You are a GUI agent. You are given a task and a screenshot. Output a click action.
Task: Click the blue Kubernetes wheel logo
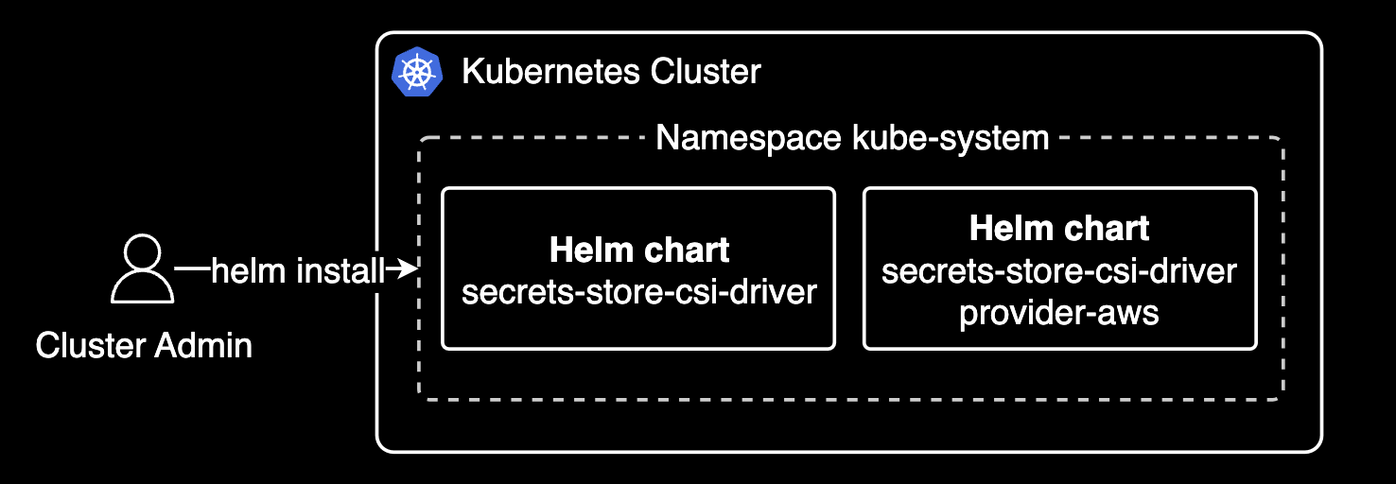417,72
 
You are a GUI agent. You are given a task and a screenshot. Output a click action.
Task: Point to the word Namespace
750,138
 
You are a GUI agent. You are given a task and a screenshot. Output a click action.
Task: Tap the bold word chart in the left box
687,251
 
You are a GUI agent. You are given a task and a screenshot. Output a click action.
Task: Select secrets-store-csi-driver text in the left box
638,291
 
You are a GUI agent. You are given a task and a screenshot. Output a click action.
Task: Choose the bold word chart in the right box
1108,229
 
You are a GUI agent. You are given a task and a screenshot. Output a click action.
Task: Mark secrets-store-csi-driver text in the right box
1059,271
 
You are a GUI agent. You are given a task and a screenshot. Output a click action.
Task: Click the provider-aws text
1059,312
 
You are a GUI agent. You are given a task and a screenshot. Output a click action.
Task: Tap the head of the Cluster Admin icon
143,254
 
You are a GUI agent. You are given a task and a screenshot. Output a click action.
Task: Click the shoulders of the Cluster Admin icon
143,288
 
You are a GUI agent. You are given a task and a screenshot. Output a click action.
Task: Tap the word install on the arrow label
340,271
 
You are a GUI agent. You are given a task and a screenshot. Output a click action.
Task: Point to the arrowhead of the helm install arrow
409,270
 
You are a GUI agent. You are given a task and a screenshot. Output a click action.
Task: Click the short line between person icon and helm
192,269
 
